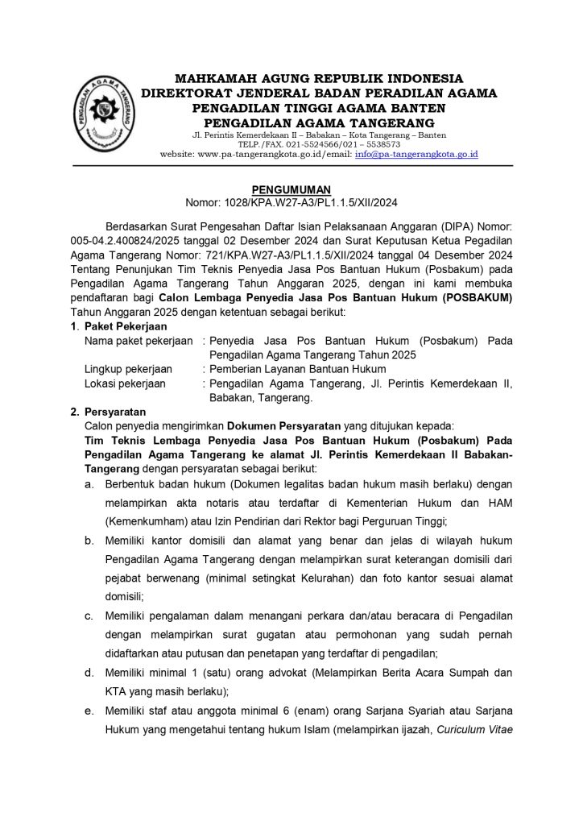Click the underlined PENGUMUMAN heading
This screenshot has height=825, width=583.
tap(292, 189)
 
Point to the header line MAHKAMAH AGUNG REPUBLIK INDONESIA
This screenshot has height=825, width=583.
tap(320, 78)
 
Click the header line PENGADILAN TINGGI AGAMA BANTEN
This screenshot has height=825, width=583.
tap(320, 107)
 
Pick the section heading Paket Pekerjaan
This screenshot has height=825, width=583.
tap(126, 326)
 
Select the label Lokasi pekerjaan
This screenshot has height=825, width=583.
tap(125, 383)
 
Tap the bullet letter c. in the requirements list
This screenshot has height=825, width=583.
tap(90, 617)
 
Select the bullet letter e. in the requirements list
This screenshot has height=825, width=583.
tap(90, 711)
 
